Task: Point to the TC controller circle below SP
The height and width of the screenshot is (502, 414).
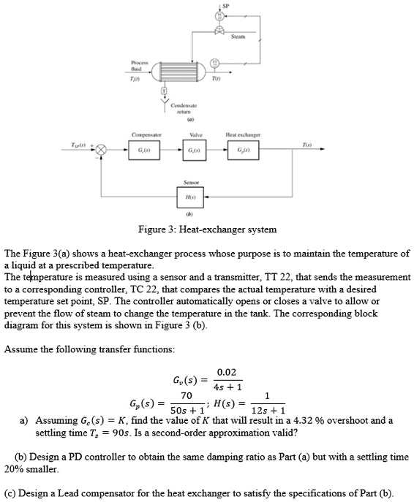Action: [x=219, y=17]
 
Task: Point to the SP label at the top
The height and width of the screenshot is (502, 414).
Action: [x=223, y=4]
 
